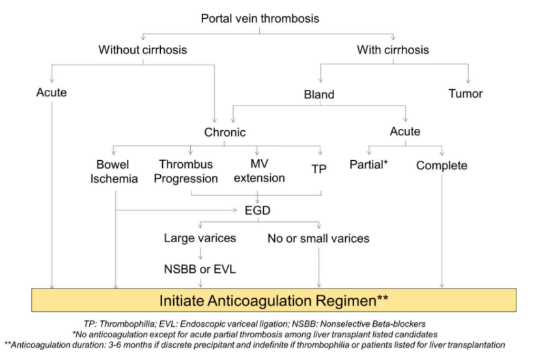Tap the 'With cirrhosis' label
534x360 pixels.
393,49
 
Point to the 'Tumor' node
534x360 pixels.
466,94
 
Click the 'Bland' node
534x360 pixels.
319,94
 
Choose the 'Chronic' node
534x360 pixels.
225,132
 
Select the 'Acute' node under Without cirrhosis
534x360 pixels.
51,92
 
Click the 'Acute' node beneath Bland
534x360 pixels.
404,132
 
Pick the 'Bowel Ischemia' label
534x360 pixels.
115,172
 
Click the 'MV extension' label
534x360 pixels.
259,172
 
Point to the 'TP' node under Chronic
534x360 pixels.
319,168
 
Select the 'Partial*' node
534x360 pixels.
369,165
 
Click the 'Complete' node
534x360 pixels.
442,165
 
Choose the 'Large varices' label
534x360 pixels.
200,238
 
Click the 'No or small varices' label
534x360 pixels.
318,238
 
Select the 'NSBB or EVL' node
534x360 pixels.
200,266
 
